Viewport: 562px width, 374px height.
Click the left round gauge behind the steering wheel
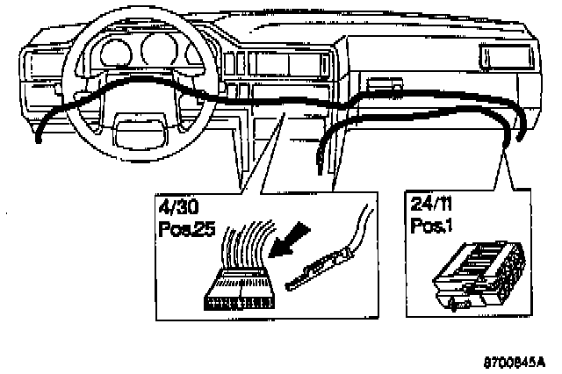(x=112, y=54)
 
